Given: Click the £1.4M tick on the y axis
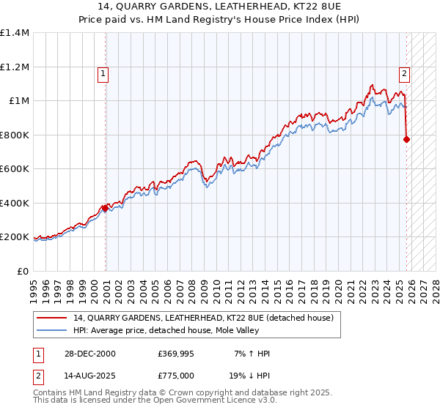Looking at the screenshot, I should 15,33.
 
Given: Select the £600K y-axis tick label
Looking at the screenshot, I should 15,169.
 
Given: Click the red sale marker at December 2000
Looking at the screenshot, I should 106,209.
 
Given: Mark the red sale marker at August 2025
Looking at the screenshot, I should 407,139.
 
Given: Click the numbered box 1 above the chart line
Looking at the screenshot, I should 103,73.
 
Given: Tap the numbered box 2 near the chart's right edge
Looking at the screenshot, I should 404,73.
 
